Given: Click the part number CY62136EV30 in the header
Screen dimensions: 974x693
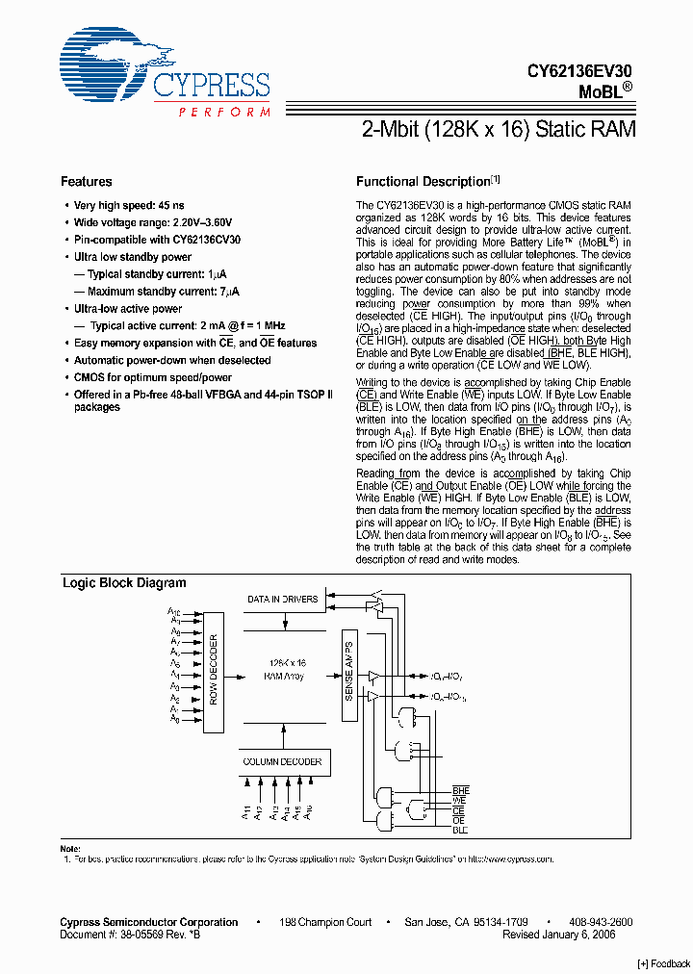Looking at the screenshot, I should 579,70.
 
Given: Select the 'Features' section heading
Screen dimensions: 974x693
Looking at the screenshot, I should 87,182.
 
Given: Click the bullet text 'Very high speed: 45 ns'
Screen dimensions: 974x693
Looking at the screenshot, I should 129,206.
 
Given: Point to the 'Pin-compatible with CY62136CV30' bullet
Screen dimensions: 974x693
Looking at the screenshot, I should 157,240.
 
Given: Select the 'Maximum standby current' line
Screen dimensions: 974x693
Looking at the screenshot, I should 164,292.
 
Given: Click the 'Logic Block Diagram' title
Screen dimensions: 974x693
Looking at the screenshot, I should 124,583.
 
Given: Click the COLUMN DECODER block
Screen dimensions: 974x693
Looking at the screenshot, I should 282,761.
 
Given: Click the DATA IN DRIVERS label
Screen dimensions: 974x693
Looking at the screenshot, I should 282,600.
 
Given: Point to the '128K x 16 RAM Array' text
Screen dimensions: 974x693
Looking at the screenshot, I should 286,670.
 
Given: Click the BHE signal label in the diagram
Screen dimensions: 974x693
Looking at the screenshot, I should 460,790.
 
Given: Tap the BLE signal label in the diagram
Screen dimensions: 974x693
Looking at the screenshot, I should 460,830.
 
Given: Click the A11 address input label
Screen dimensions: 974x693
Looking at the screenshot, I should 245,813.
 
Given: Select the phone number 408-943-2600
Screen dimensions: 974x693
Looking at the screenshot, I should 600,922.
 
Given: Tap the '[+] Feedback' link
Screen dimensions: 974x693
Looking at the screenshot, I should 663,963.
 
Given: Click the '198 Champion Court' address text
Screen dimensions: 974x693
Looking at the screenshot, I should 324,922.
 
